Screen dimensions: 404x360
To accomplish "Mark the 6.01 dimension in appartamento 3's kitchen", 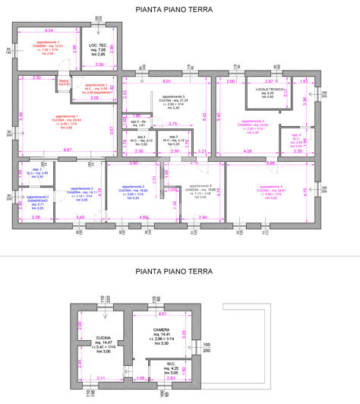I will (166, 80).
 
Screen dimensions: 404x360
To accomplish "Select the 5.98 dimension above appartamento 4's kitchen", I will (271, 163).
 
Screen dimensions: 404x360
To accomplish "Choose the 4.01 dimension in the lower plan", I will (161, 313).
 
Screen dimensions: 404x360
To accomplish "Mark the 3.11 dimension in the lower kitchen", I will (101, 377).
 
